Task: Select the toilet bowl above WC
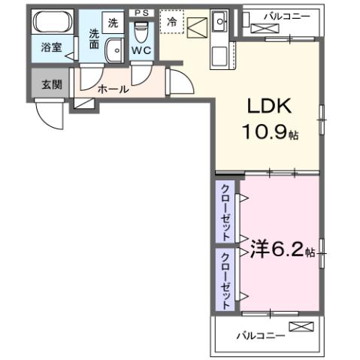tap(141, 32)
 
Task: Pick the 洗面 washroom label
tap(95, 38)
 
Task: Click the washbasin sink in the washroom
tap(115, 51)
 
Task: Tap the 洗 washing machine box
tap(113, 23)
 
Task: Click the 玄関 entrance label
tap(51, 83)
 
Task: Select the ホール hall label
tap(113, 89)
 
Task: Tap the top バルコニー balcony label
tap(283, 15)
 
